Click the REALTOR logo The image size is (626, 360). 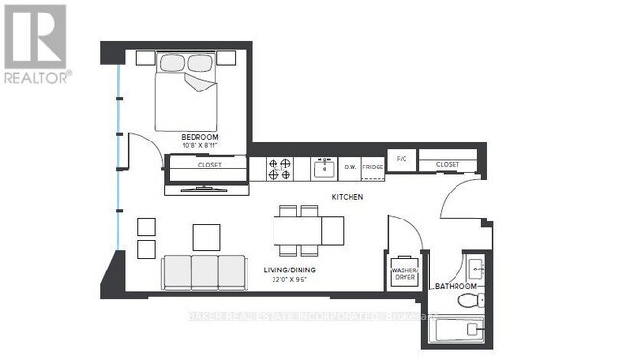(x=36, y=43)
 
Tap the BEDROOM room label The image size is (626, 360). (x=199, y=138)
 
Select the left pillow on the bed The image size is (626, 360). (x=172, y=63)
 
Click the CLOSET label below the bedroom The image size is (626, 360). (x=209, y=165)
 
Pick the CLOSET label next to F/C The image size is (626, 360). (x=447, y=165)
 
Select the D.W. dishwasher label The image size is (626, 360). (x=351, y=167)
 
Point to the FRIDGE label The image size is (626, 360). (x=373, y=167)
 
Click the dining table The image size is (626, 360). (x=308, y=229)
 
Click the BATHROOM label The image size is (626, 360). (x=455, y=287)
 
